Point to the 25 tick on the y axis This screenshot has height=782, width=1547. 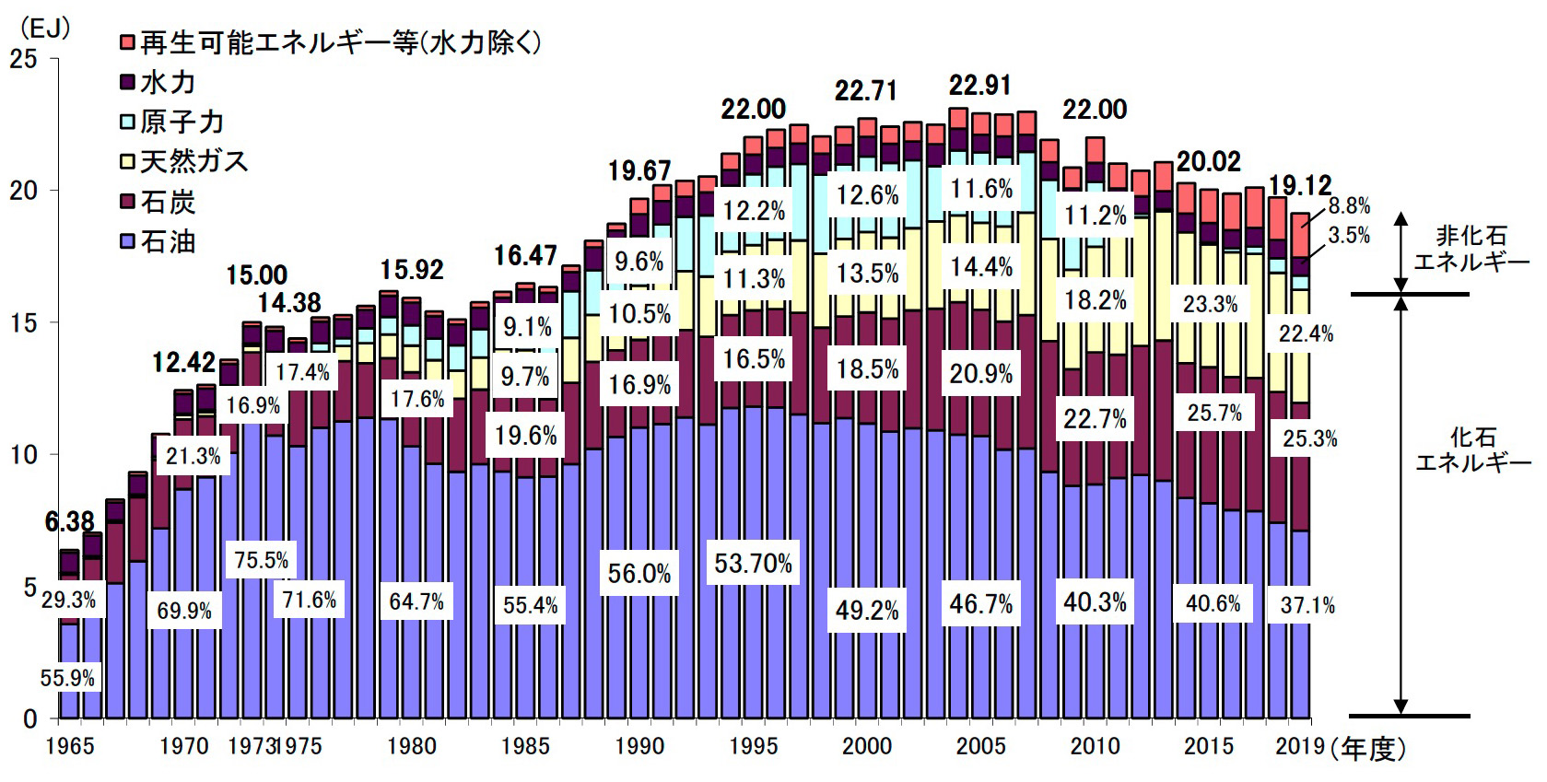[24, 59]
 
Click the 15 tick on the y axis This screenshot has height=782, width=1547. [24, 322]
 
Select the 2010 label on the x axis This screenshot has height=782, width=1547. [1095, 746]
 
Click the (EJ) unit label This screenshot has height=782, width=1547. [43, 28]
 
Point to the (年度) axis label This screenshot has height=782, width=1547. [1368, 749]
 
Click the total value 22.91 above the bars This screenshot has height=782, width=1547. [980, 86]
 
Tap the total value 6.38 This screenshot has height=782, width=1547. [70, 522]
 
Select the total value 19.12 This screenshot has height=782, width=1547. [1299, 185]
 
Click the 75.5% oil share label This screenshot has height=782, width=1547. [262, 560]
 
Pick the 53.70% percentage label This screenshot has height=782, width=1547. [753, 563]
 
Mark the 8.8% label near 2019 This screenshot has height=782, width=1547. [1349, 206]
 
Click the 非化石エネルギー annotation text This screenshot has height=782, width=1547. [1471, 249]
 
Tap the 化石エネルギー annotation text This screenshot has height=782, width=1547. [1472, 449]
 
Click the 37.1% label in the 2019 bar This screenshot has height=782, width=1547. [1307, 605]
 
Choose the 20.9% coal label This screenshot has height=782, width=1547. [980, 374]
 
